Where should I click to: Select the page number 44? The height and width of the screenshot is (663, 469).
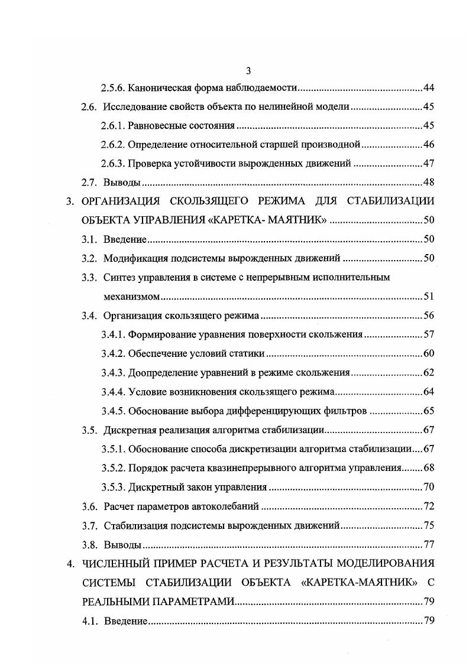429,89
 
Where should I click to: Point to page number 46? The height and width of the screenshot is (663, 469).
429,145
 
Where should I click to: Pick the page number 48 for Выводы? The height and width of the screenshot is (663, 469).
429,182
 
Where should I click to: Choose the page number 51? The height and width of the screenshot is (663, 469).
429,296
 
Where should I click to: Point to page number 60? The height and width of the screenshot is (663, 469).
429,353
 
